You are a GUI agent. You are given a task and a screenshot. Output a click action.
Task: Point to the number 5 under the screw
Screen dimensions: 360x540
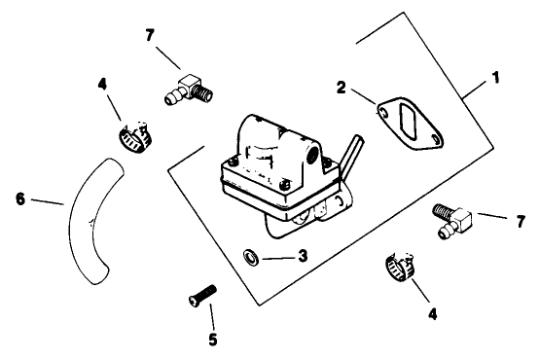click(212, 341)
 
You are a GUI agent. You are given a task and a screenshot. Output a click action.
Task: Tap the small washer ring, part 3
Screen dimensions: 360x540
click(250, 257)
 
